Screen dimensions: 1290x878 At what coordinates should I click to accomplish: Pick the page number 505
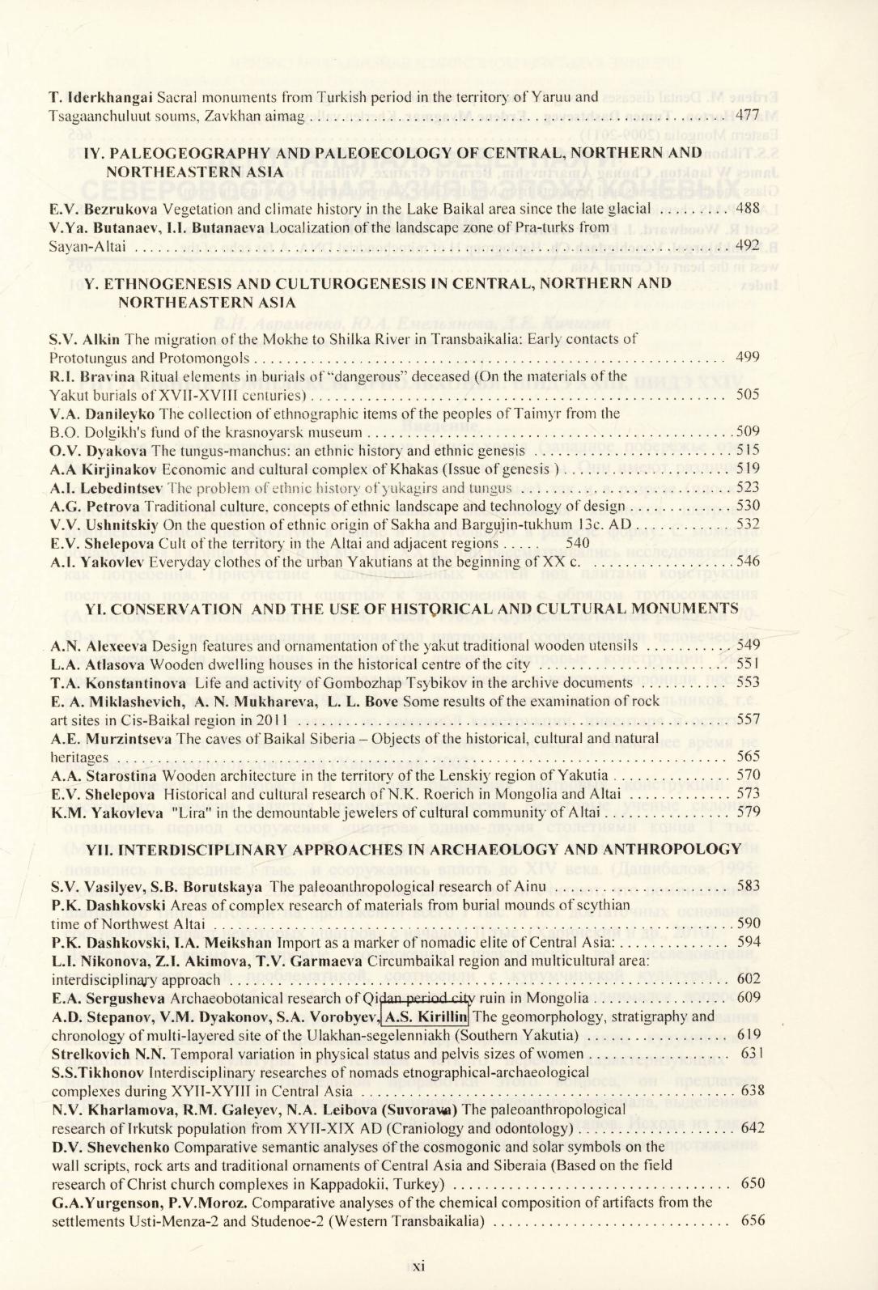click(748, 394)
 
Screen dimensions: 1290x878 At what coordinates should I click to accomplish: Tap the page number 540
click(578, 543)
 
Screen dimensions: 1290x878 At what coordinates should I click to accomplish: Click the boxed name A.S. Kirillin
click(426, 1016)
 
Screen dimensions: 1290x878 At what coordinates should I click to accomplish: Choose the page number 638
click(752, 1090)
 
